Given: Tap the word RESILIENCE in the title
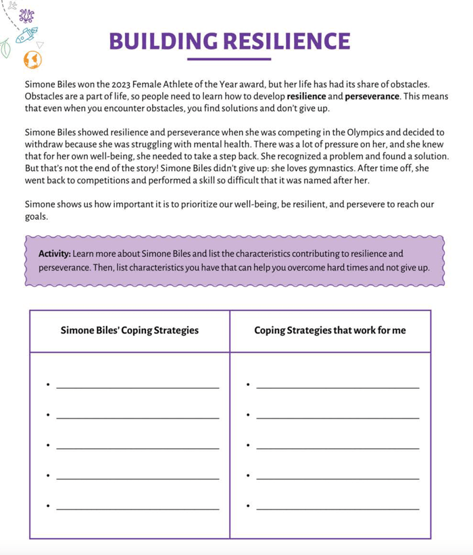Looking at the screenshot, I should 287,41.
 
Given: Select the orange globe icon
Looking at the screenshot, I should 32,60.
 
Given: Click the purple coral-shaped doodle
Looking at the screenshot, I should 27,15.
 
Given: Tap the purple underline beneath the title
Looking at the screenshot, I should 228,59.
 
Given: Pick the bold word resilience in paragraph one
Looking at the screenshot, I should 306,97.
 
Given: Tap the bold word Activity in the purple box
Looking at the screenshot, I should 55,254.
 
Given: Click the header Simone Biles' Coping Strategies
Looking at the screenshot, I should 130,331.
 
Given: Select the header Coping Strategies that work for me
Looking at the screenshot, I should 330,331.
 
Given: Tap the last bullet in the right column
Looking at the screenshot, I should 249,506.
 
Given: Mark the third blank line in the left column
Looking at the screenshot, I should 138,448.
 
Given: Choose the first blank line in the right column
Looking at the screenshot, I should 338,387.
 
